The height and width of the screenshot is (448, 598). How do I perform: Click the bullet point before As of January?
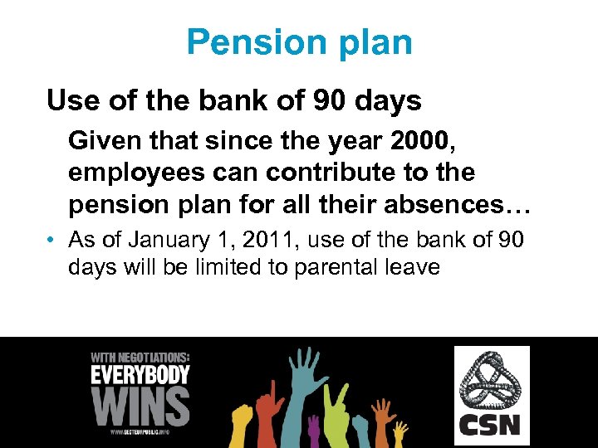tap(51, 241)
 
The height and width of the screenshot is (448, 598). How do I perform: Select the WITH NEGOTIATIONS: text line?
tap(139, 357)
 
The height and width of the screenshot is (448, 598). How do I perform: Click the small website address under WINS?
tap(140, 432)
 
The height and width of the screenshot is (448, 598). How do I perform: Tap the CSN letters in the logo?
tap(489, 426)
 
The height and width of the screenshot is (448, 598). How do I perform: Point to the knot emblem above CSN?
tap(490, 381)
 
